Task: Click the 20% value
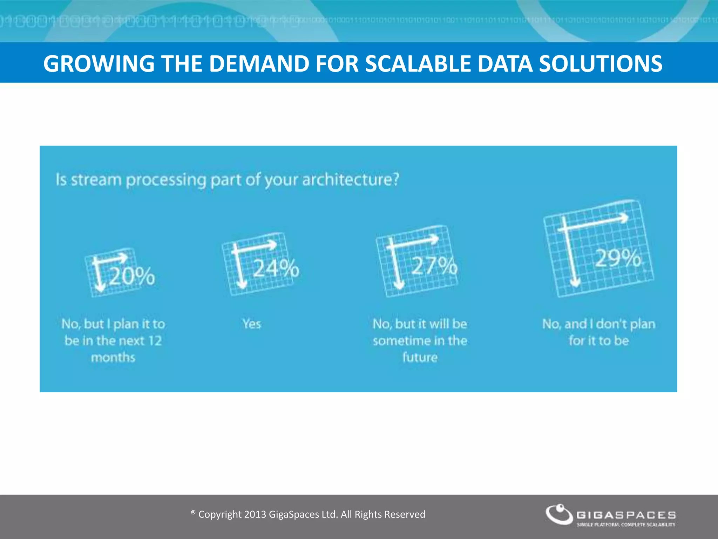(132, 276)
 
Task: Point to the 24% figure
(276, 269)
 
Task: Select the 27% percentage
(434, 266)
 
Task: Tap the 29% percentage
(618, 259)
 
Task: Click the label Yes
(252, 324)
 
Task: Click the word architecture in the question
(350, 180)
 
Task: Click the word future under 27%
(420, 358)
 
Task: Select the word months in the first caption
(113, 358)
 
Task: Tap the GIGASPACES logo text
(626, 515)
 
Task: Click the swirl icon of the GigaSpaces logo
(559, 514)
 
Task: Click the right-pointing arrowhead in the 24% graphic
(273, 245)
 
